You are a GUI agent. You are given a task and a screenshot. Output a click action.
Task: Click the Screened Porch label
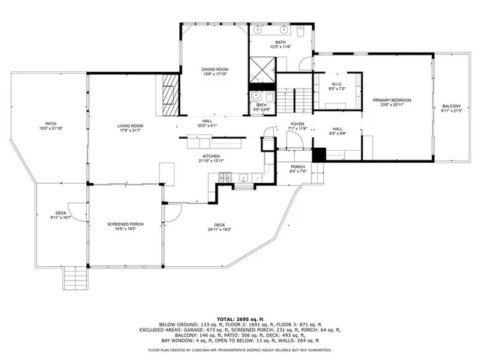(x=125, y=226)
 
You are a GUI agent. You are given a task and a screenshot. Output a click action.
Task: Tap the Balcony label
(x=451, y=109)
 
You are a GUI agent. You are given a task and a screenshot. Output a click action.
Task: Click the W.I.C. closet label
(x=337, y=85)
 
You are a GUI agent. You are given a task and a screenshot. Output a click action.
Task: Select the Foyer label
(x=298, y=126)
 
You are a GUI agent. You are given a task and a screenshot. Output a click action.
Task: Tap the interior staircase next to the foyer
(x=295, y=99)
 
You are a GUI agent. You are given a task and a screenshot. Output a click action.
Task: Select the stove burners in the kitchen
(x=222, y=177)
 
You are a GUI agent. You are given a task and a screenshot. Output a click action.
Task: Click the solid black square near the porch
(x=318, y=154)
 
